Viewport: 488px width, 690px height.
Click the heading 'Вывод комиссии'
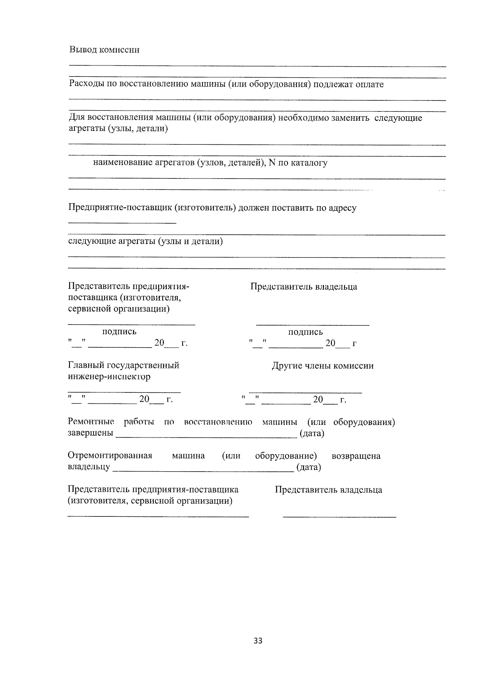104,50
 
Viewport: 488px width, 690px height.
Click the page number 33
258,641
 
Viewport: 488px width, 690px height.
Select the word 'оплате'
369,85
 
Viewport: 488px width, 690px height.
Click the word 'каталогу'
309,163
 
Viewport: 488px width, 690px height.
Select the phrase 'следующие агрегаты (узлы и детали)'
145,242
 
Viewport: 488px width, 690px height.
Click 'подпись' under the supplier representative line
119,332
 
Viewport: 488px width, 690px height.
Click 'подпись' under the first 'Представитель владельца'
305,332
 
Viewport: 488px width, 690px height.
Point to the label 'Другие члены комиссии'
322,366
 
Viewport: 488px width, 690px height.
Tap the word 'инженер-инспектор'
109,377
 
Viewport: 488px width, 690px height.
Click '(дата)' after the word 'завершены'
312,433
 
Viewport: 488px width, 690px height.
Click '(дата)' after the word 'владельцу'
309,467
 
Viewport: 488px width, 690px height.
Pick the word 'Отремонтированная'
110,456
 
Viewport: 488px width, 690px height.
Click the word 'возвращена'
356,456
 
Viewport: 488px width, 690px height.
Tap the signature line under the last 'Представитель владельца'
339,517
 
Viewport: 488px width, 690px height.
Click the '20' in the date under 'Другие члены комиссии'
318,400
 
